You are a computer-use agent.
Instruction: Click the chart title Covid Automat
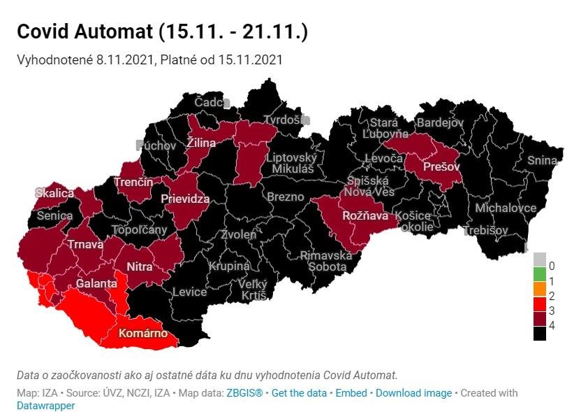161,31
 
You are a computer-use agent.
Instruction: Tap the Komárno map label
142,334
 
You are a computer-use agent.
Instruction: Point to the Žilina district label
200,143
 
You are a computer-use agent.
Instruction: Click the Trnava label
85,245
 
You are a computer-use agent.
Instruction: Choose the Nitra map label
139,267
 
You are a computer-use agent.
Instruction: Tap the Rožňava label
365,216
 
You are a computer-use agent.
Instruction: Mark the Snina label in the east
542,160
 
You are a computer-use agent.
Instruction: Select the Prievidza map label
185,199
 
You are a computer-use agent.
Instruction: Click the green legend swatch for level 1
539,280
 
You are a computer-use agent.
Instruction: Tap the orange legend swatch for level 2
539,295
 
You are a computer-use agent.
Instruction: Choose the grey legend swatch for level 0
539,266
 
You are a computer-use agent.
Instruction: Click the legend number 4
552,325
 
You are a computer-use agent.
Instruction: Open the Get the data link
299,393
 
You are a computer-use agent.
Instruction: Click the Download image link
413,393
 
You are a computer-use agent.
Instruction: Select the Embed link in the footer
351,393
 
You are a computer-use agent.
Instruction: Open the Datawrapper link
45,405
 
